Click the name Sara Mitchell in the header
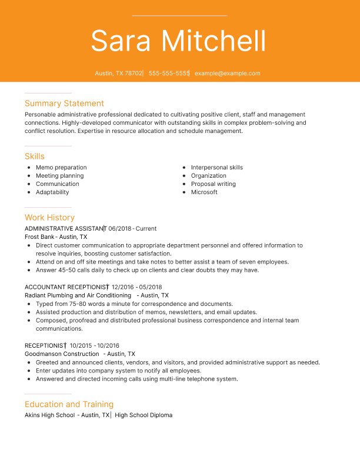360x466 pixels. [x=178, y=41]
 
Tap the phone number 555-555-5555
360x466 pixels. [x=169, y=74]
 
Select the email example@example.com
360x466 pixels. [x=227, y=74]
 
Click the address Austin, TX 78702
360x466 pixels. [x=118, y=74]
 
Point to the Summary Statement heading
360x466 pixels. [x=64, y=104]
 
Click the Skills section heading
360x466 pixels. [x=35, y=157]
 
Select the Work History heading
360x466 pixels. [x=49, y=218]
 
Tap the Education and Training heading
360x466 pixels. [x=69, y=404]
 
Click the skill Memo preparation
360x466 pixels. [x=61, y=168]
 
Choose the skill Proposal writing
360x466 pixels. [x=213, y=184]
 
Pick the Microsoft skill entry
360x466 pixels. [x=204, y=192]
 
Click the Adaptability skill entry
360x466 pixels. [x=52, y=192]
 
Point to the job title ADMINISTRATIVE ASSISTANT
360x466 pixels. [x=64, y=228]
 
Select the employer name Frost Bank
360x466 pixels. [x=39, y=237]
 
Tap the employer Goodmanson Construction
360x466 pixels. [x=62, y=354]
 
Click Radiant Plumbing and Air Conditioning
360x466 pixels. [x=78, y=295]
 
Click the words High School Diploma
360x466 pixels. [x=144, y=415]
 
